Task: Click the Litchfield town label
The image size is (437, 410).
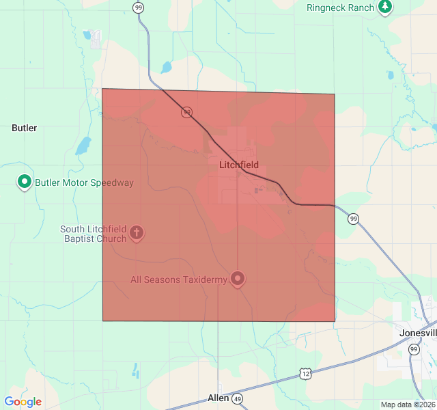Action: (239, 165)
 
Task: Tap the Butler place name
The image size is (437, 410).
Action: (25, 128)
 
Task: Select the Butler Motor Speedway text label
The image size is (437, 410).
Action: (84, 182)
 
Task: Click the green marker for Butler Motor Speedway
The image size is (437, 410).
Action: (25, 182)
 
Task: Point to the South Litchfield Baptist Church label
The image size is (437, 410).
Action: (93, 234)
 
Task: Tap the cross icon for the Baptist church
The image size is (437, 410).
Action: (137, 234)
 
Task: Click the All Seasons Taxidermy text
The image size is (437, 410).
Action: (179, 279)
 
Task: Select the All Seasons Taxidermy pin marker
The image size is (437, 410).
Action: (238, 279)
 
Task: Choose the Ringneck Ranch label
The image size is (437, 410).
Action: (340, 8)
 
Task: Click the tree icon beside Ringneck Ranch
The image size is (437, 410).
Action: (386, 7)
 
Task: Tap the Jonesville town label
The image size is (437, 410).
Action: (418, 333)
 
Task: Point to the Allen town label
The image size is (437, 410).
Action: (218, 398)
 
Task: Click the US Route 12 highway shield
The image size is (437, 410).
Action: (305, 373)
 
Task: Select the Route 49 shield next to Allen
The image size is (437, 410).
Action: (237, 398)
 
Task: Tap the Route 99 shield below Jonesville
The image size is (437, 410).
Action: (413, 349)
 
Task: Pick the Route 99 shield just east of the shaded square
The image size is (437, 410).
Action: (352, 219)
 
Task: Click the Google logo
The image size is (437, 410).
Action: (23, 402)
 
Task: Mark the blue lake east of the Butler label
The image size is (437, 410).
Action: (83, 146)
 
